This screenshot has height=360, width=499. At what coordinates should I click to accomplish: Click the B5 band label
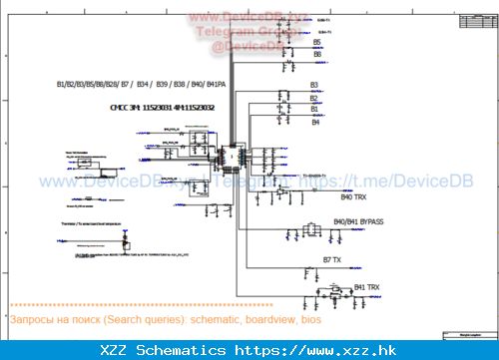(x=317, y=43)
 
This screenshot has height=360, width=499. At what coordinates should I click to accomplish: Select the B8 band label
(x=317, y=54)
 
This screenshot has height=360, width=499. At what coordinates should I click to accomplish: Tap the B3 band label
(x=314, y=85)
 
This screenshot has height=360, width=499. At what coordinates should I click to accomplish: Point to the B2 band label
(x=314, y=98)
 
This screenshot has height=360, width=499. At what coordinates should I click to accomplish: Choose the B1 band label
(x=314, y=110)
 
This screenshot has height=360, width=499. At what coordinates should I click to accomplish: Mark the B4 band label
(x=315, y=123)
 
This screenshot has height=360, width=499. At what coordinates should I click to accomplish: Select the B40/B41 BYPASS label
(x=358, y=220)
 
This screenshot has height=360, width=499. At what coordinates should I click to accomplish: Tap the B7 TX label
(x=332, y=259)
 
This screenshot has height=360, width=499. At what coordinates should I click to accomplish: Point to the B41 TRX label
(x=366, y=287)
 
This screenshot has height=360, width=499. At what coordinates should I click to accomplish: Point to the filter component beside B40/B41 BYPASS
(x=309, y=231)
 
